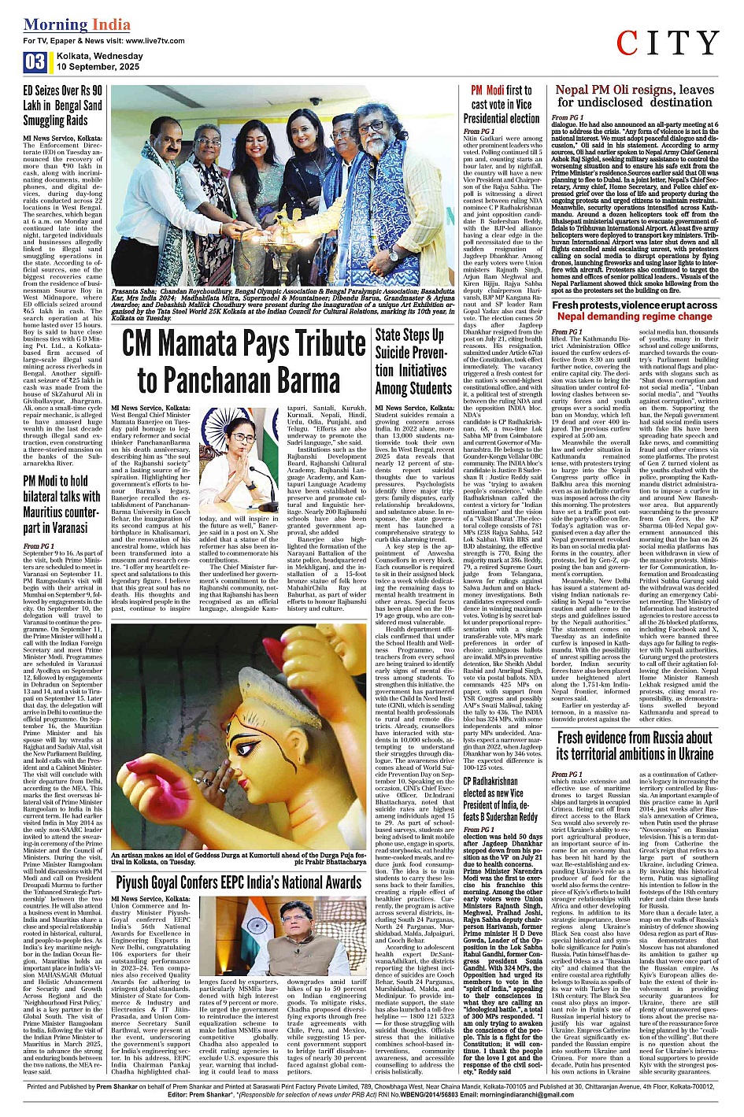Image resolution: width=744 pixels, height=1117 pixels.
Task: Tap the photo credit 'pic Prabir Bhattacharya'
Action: point(331,862)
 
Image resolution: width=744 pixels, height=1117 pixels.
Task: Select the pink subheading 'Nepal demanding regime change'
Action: point(635,316)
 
